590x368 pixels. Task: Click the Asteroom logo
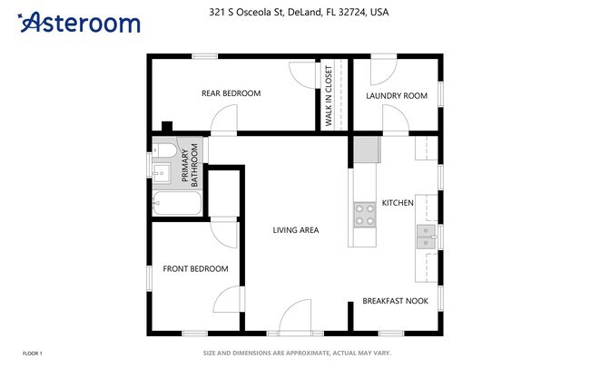click(79, 22)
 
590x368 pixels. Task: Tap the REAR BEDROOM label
click(231, 93)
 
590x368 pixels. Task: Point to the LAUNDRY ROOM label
click(396, 95)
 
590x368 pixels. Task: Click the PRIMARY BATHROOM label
click(191, 165)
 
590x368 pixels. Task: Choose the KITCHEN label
click(398, 203)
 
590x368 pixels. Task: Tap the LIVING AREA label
click(296, 230)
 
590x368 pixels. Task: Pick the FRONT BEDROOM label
click(195, 268)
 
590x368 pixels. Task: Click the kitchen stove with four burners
click(364, 214)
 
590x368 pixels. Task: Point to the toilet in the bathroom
click(166, 150)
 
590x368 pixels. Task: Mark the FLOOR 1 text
click(32, 353)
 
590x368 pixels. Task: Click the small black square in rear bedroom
click(166, 126)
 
